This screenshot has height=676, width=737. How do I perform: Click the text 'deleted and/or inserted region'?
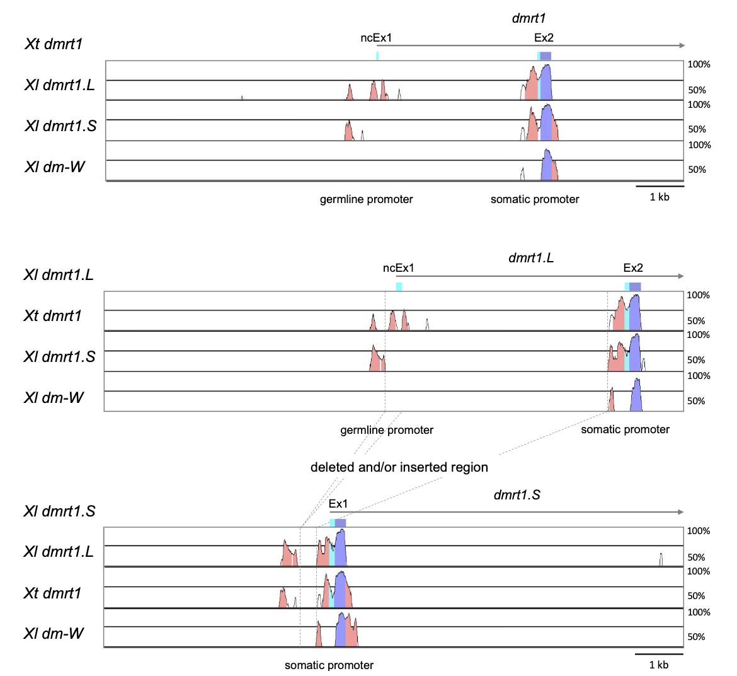[x=399, y=467]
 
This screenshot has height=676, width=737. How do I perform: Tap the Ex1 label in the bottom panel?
[x=338, y=504]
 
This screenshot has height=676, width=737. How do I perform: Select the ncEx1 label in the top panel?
[x=376, y=38]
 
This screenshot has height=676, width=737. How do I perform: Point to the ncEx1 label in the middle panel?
[x=399, y=268]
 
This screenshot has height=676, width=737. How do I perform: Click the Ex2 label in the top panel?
[x=544, y=38]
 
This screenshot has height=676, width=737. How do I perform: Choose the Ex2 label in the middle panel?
[x=633, y=268]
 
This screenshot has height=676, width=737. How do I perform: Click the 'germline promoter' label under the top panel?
[x=366, y=199]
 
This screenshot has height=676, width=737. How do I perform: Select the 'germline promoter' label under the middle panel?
[x=387, y=430]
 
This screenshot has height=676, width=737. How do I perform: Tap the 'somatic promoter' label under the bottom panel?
[x=329, y=665]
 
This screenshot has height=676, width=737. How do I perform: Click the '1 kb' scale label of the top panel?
[x=660, y=197]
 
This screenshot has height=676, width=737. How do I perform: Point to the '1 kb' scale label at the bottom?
[x=659, y=665]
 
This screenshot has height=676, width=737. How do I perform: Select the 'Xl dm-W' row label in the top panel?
[x=55, y=167]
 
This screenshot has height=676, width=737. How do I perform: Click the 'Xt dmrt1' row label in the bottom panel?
[x=53, y=593]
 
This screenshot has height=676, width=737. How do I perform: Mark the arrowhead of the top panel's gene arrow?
[x=683, y=45]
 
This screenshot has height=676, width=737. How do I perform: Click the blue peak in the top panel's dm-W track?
[x=547, y=165]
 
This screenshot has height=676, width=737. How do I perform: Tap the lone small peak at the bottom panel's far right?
[x=661, y=559]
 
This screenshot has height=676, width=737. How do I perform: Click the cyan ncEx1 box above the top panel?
[x=377, y=55]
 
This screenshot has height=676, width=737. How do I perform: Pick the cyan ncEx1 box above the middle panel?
[x=399, y=286]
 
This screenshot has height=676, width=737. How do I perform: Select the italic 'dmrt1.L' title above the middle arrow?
[x=530, y=257]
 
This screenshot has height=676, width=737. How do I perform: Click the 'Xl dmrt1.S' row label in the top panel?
[x=60, y=126]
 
